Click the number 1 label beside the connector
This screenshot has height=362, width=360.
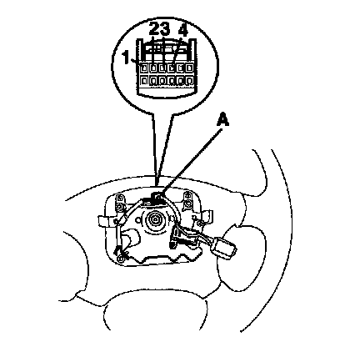coord(126,58)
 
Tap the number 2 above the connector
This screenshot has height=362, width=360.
coord(154,28)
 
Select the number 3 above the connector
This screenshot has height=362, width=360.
coord(164,28)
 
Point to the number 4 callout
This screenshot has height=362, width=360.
coord(183,29)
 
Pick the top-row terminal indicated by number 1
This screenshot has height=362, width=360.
coord(144,68)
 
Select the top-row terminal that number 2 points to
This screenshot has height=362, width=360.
coord(153,68)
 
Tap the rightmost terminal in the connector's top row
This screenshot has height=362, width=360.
coord(190,68)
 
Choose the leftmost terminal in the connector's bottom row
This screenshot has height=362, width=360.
coord(144,81)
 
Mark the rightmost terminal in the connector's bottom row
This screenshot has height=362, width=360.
coord(190,81)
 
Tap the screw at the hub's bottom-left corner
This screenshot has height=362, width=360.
coord(120,259)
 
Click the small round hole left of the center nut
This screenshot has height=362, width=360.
coord(137,219)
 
